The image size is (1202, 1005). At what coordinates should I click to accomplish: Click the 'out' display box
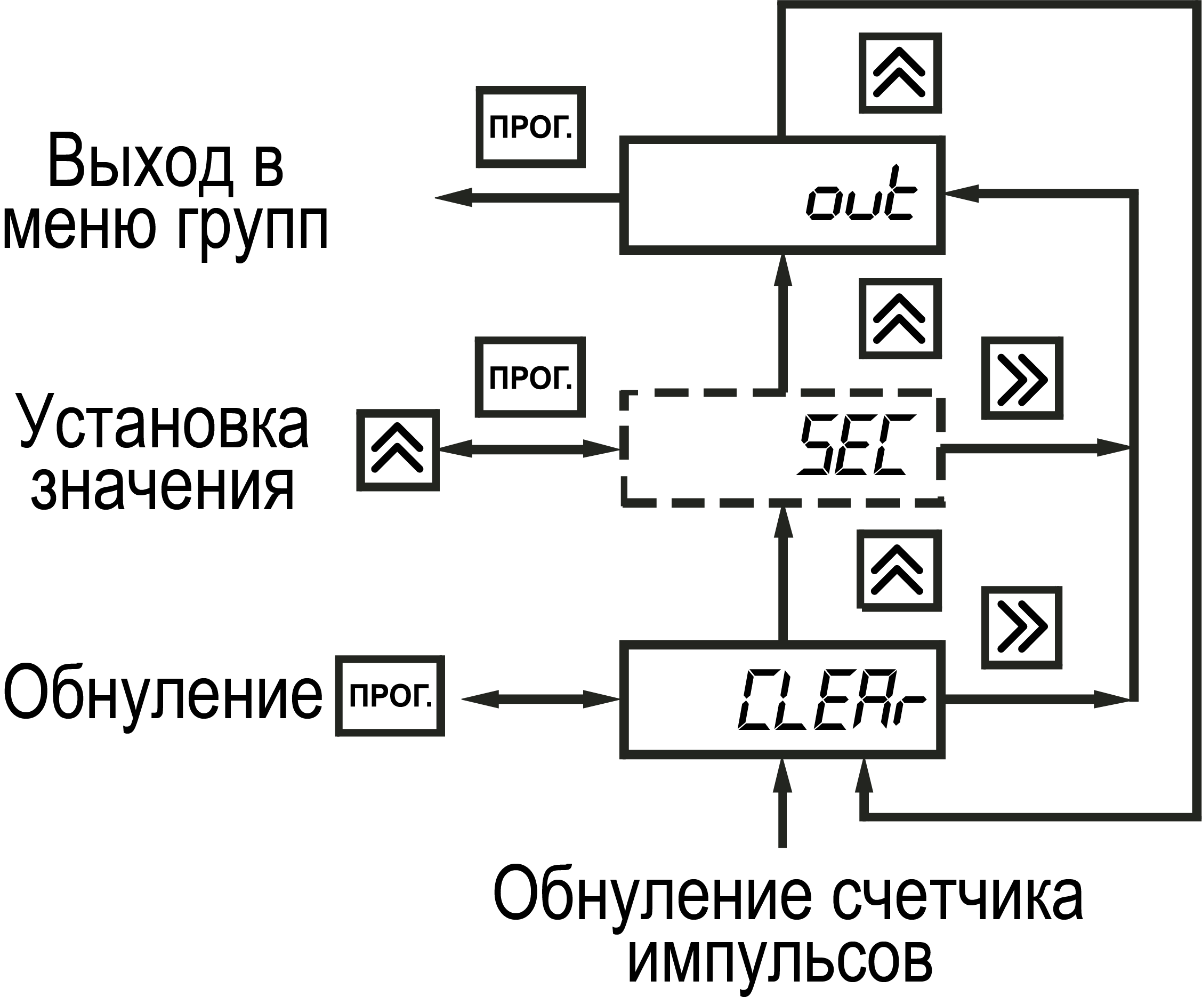[x=782, y=195]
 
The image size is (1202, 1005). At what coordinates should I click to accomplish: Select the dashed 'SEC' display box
[x=782, y=448]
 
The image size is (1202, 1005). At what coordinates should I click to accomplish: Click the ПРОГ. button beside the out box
[x=530, y=127]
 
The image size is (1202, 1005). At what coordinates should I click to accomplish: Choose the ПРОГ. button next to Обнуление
[x=390, y=696]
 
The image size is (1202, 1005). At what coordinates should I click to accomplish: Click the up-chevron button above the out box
[x=900, y=73]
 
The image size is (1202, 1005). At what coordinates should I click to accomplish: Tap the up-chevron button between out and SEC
[x=900, y=318]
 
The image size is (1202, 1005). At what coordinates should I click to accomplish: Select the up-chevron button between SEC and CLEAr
[x=899, y=570]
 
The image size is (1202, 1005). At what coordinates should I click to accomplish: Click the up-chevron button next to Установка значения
[x=398, y=450]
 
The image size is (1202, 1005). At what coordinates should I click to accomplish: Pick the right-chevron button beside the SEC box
[x=1022, y=379]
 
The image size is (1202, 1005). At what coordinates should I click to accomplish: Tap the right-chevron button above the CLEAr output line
[x=1022, y=628]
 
